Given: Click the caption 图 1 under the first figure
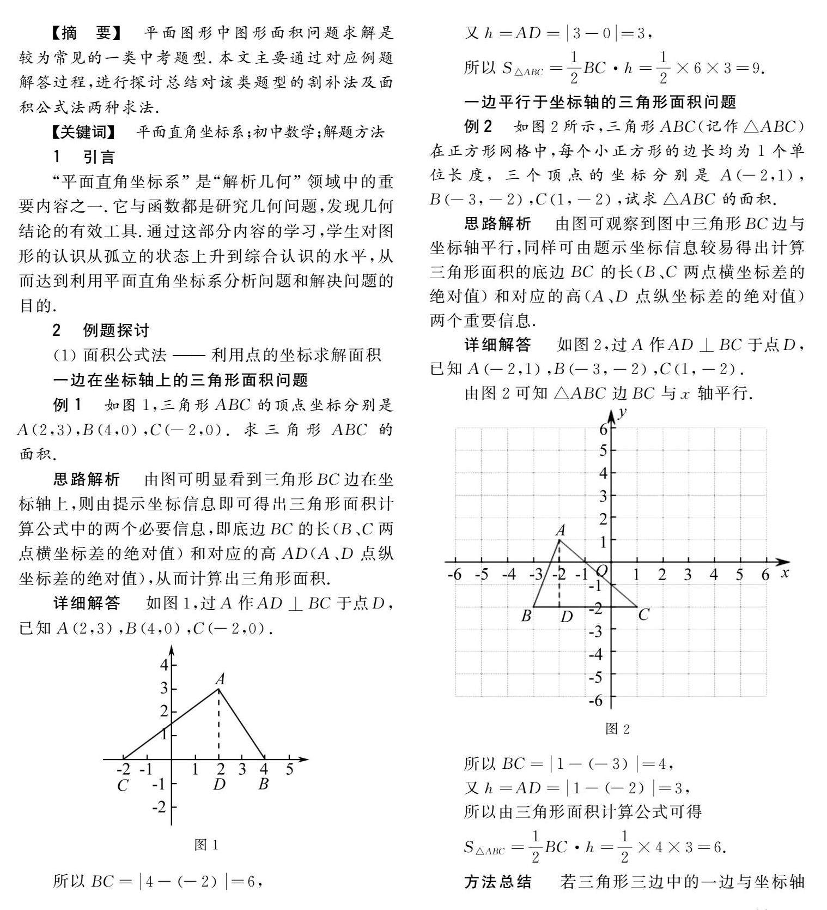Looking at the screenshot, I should (206, 845).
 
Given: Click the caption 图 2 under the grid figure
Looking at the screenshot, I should (617, 729).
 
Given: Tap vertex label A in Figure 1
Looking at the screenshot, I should (220, 679).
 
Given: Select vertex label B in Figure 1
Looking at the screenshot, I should (264, 785).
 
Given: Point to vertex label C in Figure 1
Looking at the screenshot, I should (123, 786).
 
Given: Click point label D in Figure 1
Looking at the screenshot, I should (219, 785).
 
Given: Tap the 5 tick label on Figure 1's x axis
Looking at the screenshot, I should (289, 769).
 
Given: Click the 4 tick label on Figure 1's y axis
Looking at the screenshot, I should (163, 665).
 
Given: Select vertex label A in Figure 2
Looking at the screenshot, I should (560, 529).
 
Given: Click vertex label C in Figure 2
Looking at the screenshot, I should (643, 615).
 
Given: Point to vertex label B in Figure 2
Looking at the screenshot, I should (526, 616).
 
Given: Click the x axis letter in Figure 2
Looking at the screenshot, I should (785, 572).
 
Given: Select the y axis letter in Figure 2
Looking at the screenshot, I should (622, 412).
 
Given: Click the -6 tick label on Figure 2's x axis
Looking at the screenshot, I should (454, 575).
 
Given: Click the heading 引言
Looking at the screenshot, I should (99, 157).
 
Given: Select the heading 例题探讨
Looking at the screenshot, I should (116, 330).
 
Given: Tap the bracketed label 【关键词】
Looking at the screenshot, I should (83, 132).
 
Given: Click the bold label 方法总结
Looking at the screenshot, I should (497, 882).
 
